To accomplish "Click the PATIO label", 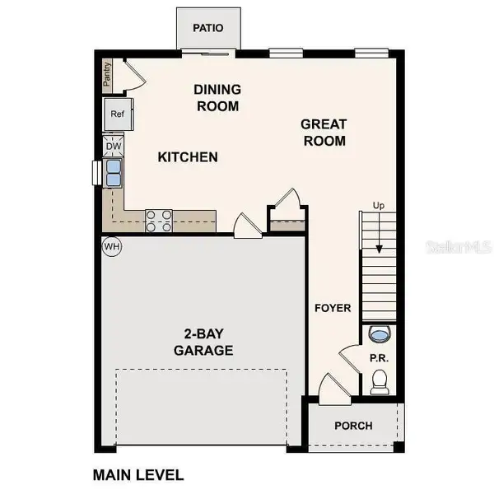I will (x=208, y=28).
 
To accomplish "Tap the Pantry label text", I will (x=107, y=76).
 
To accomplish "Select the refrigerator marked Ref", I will (x=117, y=114).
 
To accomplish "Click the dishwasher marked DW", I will (x=114, y=147).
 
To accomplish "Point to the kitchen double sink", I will (x=113, y=174).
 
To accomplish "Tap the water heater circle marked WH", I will (x=110, y=246).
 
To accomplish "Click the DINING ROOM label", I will (x=217, y=97).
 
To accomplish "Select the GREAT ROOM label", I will (x=323, y=132).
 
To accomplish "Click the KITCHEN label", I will (x=188, y=156).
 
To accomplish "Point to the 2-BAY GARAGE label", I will (x=203, y=342).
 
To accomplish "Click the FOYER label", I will (x=333, y=308).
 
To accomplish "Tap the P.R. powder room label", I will (x=379, y=358).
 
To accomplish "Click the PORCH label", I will (x=353, y=426).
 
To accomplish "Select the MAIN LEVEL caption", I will (x=137, y=475).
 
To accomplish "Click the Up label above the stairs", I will (x=378, y=205).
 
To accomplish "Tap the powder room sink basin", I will (x=380, y=333).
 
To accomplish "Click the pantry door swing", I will (x=134, y=76).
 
